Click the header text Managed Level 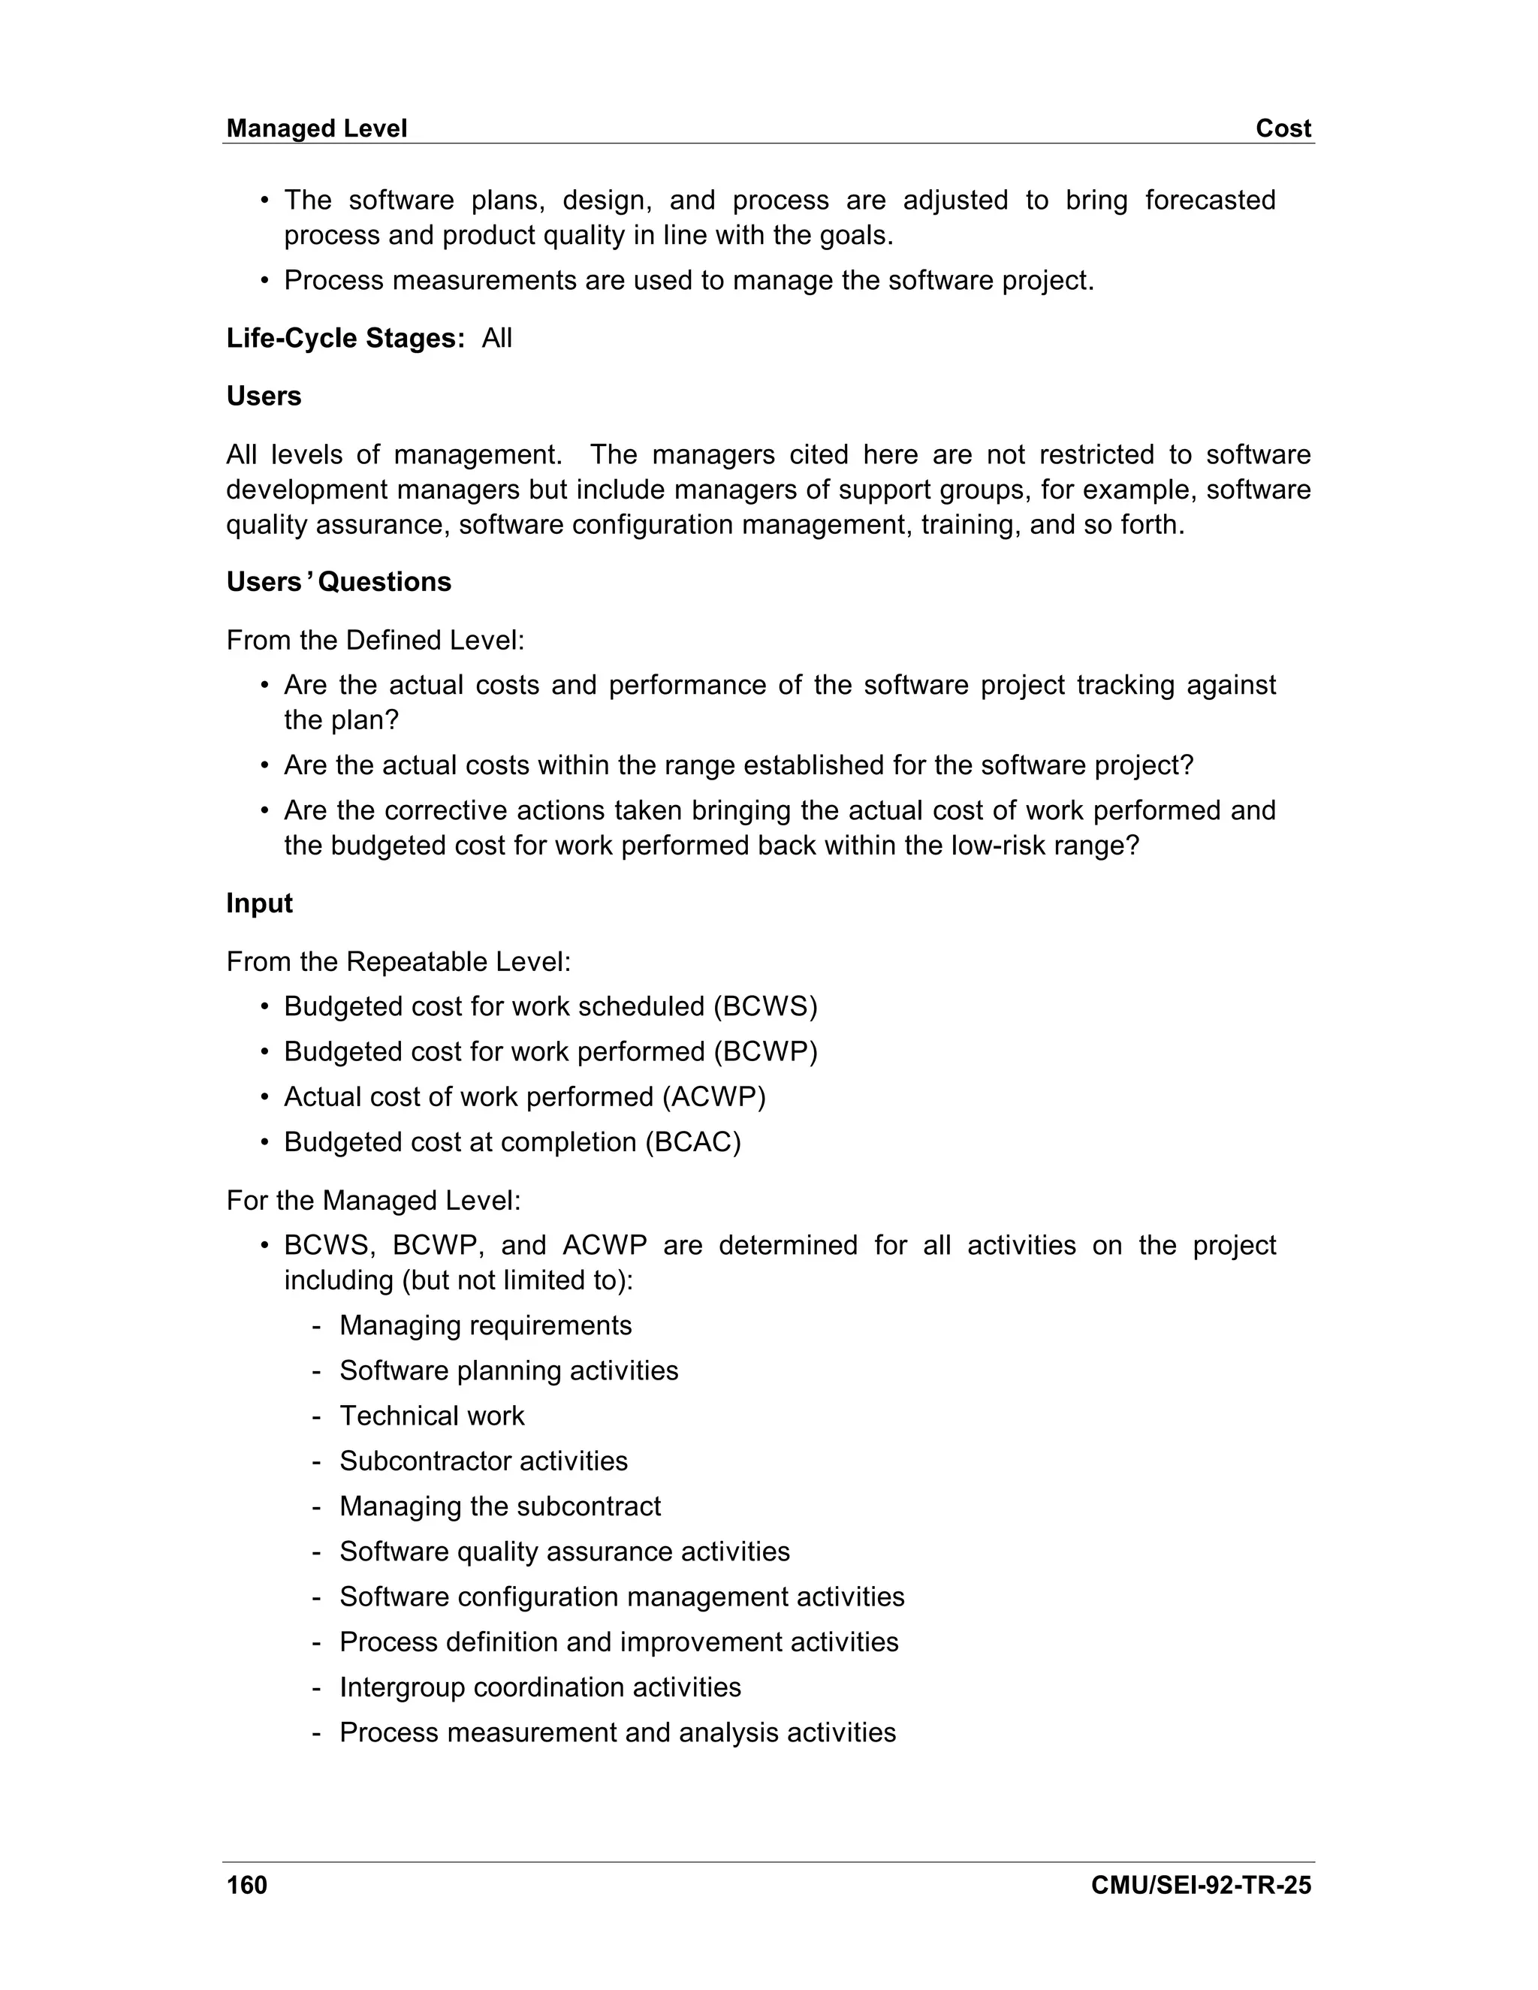(316, 128)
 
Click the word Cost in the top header (1282, 128)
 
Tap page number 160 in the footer (247, 1885)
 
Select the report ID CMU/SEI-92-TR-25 (1200, 1885)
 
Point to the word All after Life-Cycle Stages (496, 338)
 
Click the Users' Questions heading (338, 581)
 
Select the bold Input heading (260, 903)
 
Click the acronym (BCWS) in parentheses (764, 1006)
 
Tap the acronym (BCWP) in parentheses (764, 1051)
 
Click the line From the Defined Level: (375, 641)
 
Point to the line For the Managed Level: (373, 1200)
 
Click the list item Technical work (432, 1415)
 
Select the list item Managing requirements (486, 1325)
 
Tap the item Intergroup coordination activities (540, 1687)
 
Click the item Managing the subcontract (500, 1506)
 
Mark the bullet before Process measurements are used (264, 281)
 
